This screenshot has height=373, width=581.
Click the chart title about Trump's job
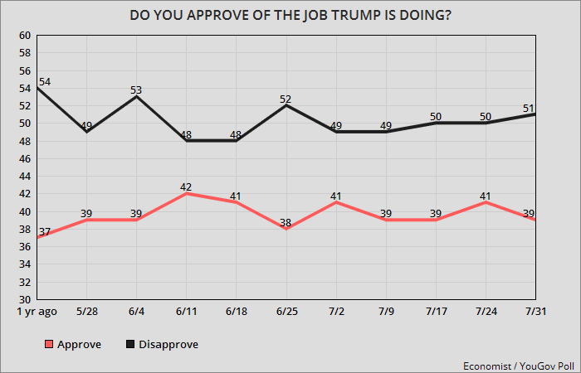[290, 14]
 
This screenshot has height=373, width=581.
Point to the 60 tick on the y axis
[24, 36]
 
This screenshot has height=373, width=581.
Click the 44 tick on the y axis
[24, 177]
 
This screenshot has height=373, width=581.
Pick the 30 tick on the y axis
[24, 299]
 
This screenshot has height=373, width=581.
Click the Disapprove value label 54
[46, 81]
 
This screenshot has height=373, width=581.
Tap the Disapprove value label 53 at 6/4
[137, 90]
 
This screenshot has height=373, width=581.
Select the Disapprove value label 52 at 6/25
[286, 99]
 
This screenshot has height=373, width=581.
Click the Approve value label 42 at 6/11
[187, 186]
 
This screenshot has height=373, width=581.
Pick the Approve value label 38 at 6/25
[286, 221]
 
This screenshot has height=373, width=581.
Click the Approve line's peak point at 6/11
[187, 194]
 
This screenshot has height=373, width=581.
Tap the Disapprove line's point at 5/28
[87, 132]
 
